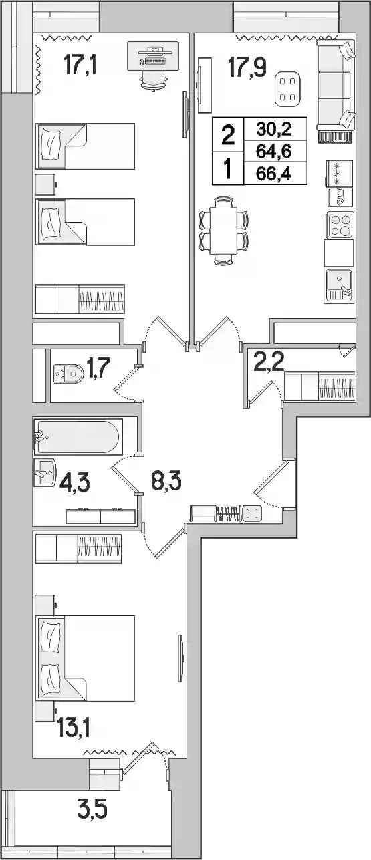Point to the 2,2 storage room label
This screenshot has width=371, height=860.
click(269, 362)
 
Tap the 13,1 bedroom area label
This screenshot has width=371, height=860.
click(74, 727)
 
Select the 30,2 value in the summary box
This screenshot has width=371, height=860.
click(274, 129)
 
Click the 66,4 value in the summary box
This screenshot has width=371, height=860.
click(274, 174)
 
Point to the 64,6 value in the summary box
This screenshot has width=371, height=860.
click(274, 151)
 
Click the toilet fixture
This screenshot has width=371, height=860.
click(69, 374)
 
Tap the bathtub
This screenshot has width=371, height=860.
click(78, 437)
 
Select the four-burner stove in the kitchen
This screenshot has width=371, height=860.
click(340, 225)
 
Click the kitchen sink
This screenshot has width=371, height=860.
click(339, 285)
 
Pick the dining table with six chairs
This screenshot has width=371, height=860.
click(223, 231)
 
